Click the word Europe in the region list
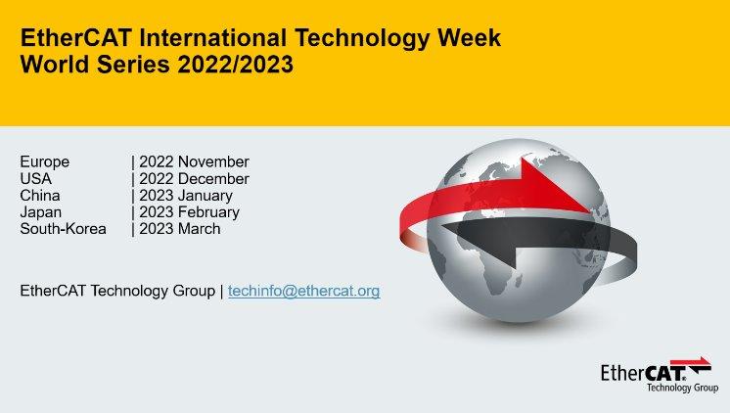(x=45, y=162)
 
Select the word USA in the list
(x=36, y=179)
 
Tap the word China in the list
(x=40, y=196)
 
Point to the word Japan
(x=41, y=212)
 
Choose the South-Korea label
(x=64, y=229)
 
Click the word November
(x=213, y=162)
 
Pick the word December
(x=213, y=179)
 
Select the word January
(x=205, y=196)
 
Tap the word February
(x=208, y=212)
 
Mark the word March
(x=200, y=229)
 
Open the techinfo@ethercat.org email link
(x=304, y=291)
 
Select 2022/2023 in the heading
(x=236, y=65)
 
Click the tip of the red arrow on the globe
(x=590, y=211)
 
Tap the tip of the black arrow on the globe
(x=442, y=227)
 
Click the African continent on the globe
(x=489, y=260)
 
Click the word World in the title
(x=55, y=65)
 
